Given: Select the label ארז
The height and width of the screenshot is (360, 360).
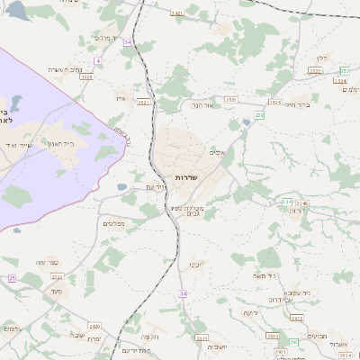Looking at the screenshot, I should click(x=121, y=97).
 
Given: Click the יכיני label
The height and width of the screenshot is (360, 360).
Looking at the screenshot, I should click(x=194, y=265).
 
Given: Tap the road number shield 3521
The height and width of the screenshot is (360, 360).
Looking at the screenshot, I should click(x=142, y=103).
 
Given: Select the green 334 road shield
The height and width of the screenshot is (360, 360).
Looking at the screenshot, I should click(x=287, y=202).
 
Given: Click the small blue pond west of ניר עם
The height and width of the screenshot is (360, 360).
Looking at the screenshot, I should click(x=121, y=187).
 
